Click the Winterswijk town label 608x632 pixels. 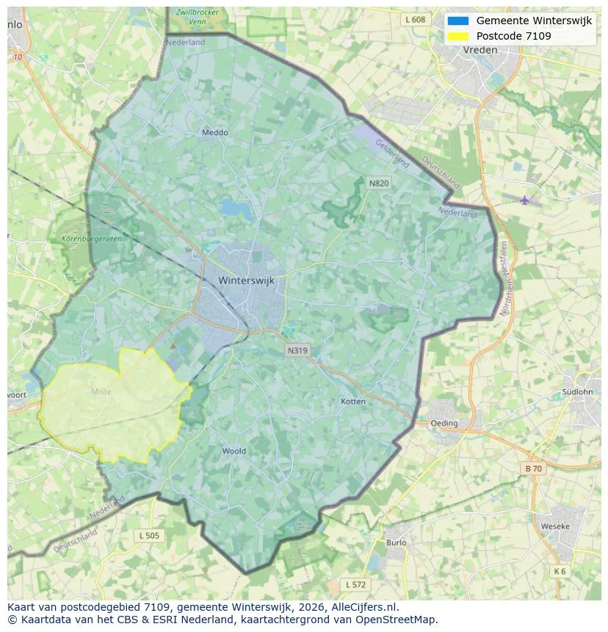pyautogui.click(x=250, y=280)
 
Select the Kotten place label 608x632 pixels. pyautogui.click(x=353, y=402)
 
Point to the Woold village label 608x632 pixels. pyautogui.click(x=234, y=451)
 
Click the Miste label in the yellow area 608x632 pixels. pyautogui.click(x=101, y=392)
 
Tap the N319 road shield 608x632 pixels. pyautogui.click(x=297, y=351)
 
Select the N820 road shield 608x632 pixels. pyautogui.click(x=379, y=183)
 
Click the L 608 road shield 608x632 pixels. pyautogui.click(x=414, y=20)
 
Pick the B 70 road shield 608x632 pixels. pyautogui.click(x=533, y=468)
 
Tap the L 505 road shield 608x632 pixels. pyautogui.click(x=148, y=536)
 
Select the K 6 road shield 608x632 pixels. pyautogui.click(x=560, y=571)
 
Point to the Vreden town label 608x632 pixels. pyautogui.click(x=480, y=50)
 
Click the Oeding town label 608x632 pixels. pyautogui.click(x=444, y=424)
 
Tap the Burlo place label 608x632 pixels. pyautogui.click(x=396, y=542)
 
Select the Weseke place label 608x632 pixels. pyautogui.click(x=554, y=527)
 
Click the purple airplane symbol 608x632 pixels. pyautogui.click(x=524, y=200)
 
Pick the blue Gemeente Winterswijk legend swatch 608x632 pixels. pyautogui.click(x=457, y=21)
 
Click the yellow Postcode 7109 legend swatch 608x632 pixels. pyautogui.click(x=457, y=36)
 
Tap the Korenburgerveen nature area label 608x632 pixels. pyautogui.click(x=90, y=239)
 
